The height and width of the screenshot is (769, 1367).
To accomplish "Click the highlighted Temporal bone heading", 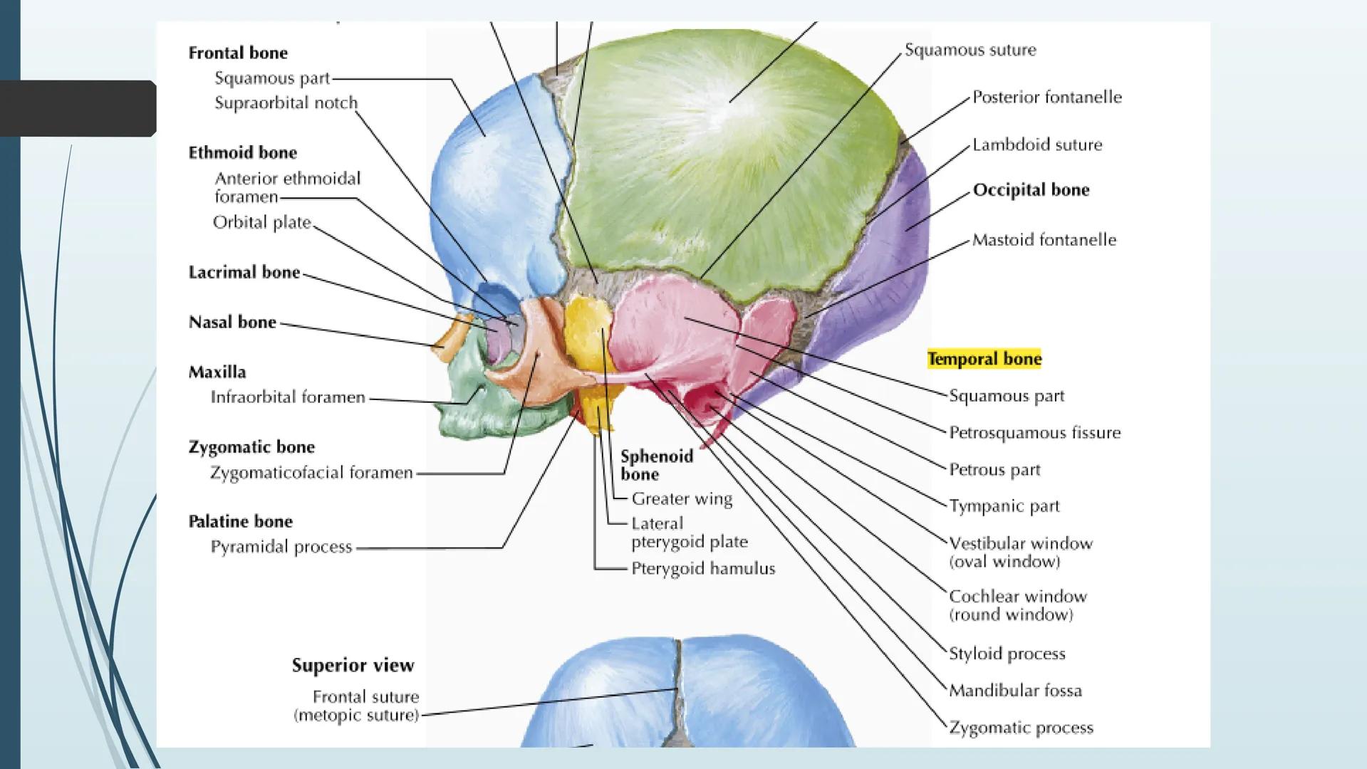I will [984, 359].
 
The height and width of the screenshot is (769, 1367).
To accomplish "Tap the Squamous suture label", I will [970, 50].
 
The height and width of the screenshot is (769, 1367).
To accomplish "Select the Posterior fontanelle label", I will [1046, 97].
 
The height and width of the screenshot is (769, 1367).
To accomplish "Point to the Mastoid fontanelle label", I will [1044, 240].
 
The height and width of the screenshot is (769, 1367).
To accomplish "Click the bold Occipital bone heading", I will [1031, 190].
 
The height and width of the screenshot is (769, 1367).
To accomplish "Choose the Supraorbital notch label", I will [286, 103].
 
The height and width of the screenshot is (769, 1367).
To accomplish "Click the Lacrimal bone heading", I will [244, 273].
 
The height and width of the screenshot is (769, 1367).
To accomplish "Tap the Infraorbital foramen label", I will [288, 397].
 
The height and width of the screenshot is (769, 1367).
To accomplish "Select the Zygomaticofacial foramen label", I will [311, 473].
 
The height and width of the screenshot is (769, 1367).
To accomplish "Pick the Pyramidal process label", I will [281, 547].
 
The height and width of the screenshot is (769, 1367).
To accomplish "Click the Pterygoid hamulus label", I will [703, 569].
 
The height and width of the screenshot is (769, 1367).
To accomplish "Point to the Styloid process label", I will [1007, 654].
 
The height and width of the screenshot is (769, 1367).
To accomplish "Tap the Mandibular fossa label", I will [1015, 690].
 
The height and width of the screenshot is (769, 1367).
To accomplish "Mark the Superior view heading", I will [353, 666].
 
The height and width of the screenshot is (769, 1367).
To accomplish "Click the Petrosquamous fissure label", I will [1034, 433].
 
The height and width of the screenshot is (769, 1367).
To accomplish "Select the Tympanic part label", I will [1004, 506].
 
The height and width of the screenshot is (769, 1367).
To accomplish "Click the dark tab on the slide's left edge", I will [78, 108].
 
